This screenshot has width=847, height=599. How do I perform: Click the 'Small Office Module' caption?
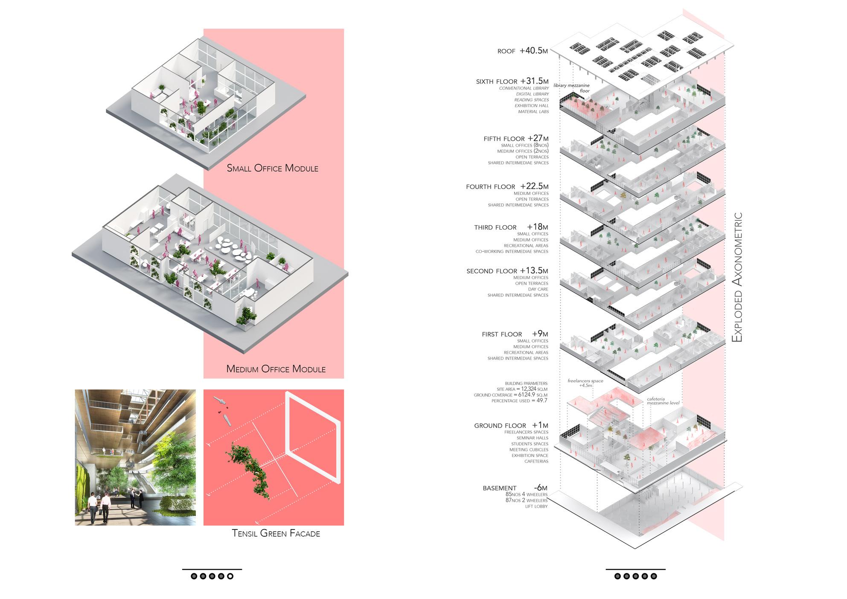tap(272, 168)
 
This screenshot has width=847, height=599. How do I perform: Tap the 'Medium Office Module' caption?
tap(276, 369)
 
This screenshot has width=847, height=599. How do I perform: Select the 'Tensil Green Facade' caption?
tap(276, 533)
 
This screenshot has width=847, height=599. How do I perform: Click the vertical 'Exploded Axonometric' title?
tap(737, 277)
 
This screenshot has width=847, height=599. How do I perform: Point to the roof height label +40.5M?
tap(533, 51)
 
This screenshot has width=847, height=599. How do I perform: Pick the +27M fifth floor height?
tap(538, 138)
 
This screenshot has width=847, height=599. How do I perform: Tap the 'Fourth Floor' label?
tap(490, 187)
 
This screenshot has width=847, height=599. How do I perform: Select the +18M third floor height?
tap(537, 227)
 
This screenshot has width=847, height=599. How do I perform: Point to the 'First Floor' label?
tap(502, 334)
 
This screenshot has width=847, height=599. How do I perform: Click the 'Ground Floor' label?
tap(500, 426)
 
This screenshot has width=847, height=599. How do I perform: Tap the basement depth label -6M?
tap(540, 488)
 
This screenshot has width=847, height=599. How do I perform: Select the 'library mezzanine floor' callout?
tap(571, 88)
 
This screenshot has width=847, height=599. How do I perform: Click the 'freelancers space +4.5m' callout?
tap(585, 383)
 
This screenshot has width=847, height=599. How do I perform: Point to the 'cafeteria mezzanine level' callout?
tap(663, 401)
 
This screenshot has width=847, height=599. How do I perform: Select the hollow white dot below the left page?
tap(230, 576)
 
